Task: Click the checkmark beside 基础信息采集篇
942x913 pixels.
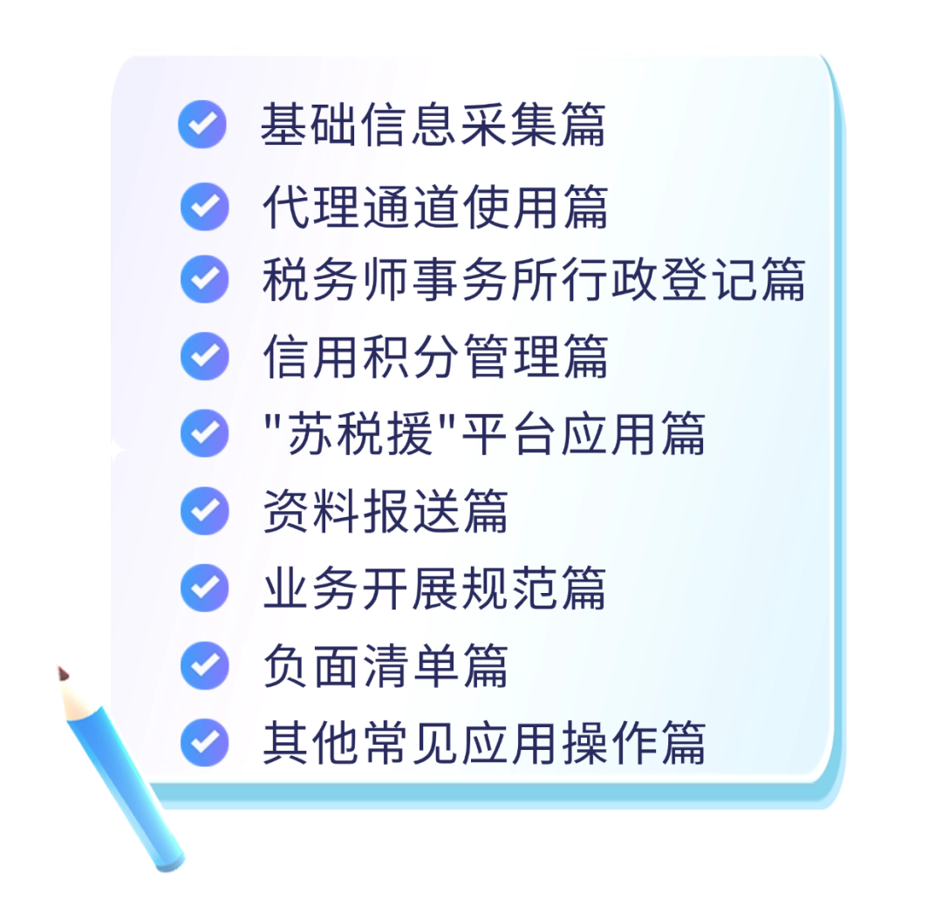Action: pyautogui.click(x=202, y=125)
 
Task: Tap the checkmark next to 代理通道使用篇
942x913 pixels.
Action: pyautogui.click(x=204, y=207)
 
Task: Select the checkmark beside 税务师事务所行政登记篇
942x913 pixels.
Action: pyautogui.click(x=204, y=279)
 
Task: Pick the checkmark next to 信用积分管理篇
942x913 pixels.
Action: pyautogui.click(x=204, y=356)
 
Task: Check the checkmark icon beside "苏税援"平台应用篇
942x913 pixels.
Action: pyautogui.click(x=204, y=433)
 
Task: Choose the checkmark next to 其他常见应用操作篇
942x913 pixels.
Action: pyautogui.click(x=204, y=742)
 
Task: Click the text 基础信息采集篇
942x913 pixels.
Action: pyautogui.click(x=433, y=125)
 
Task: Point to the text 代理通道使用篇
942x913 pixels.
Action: pyautogui.click(x=434, y=207)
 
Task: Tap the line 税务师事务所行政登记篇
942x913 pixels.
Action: pyautogui.click(x=533, y=279)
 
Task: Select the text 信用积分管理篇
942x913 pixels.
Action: pyautogui.click(x=434, y=356)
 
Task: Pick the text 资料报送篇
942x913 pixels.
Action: pyautogui.click(x=385, y=510)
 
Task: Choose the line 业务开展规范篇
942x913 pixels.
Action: pyautogui.click(x=434, y=587)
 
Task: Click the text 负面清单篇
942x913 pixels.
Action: pyautogui.click(x=385, y=664)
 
